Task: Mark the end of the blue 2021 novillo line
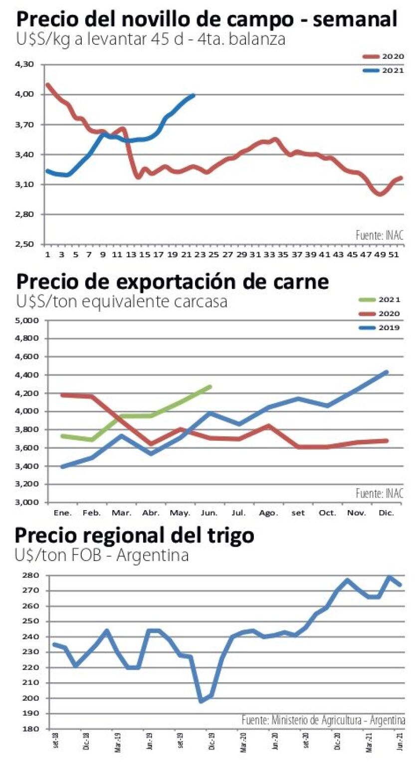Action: (193, 95)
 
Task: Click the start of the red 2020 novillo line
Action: (47, 85)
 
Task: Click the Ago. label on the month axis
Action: (268, 513)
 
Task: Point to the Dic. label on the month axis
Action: (387, 513)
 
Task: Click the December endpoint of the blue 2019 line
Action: (387, 372)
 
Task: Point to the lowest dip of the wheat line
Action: (202, 701)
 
